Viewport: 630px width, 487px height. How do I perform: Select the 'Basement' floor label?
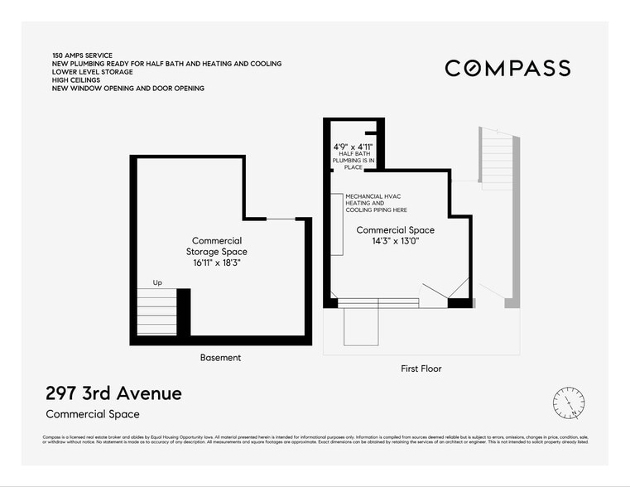pyautogui.click(x=220, y=358)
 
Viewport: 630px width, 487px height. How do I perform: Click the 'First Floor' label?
pyautogui.click(x=421, y=369)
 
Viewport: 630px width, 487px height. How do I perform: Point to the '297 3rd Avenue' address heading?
pyautogui.click(x=113, y=393)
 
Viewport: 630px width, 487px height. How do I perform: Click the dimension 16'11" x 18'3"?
pyautogui.click(x=219, y=263)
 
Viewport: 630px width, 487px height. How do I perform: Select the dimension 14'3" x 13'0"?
pyautogui.click(x=395, y=242)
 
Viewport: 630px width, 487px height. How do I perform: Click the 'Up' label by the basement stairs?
pyautogui.click(x=157, y=283)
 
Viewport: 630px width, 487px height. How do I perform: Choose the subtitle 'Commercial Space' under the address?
pyautogui.click(x=93, y=414)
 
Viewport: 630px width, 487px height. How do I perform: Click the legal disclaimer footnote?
pyautogui.click(x=315, y=439)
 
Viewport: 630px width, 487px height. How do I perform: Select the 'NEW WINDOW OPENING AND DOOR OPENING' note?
pyautogui.click(x=127, y=89)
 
